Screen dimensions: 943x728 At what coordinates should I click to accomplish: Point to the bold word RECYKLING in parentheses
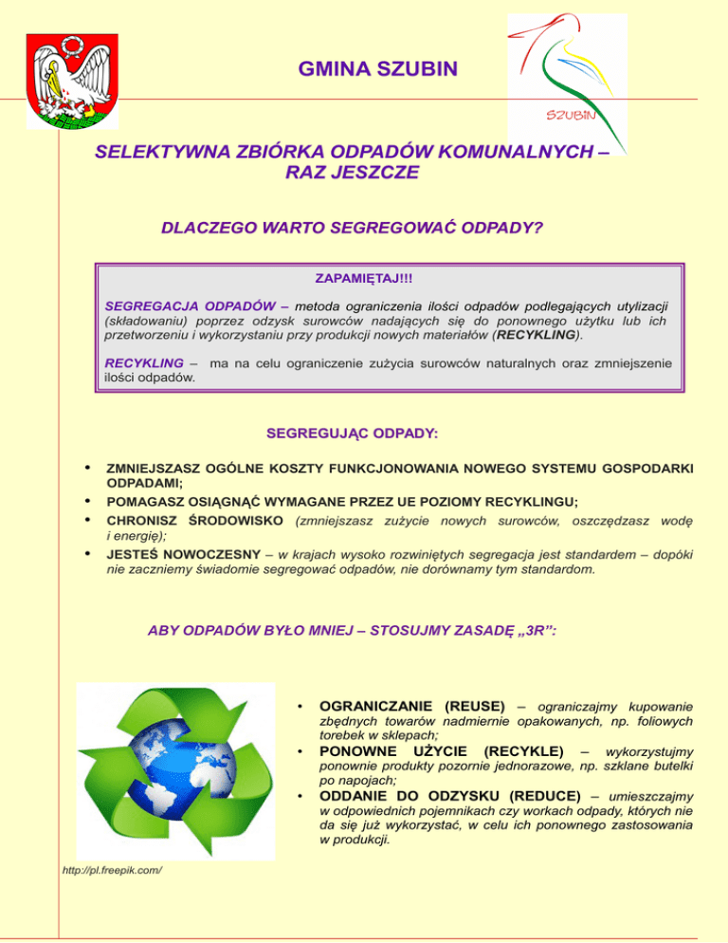[536, 334]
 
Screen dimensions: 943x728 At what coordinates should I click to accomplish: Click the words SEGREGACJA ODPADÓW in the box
[166, 306]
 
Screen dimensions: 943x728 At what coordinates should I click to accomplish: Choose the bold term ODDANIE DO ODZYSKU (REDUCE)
[450, 796]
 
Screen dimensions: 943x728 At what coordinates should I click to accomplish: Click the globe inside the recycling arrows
[173, 775]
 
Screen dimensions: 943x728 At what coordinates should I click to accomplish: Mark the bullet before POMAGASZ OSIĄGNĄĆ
[87, 501]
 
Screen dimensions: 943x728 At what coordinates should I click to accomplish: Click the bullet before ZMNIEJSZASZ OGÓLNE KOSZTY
[87, 468]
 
